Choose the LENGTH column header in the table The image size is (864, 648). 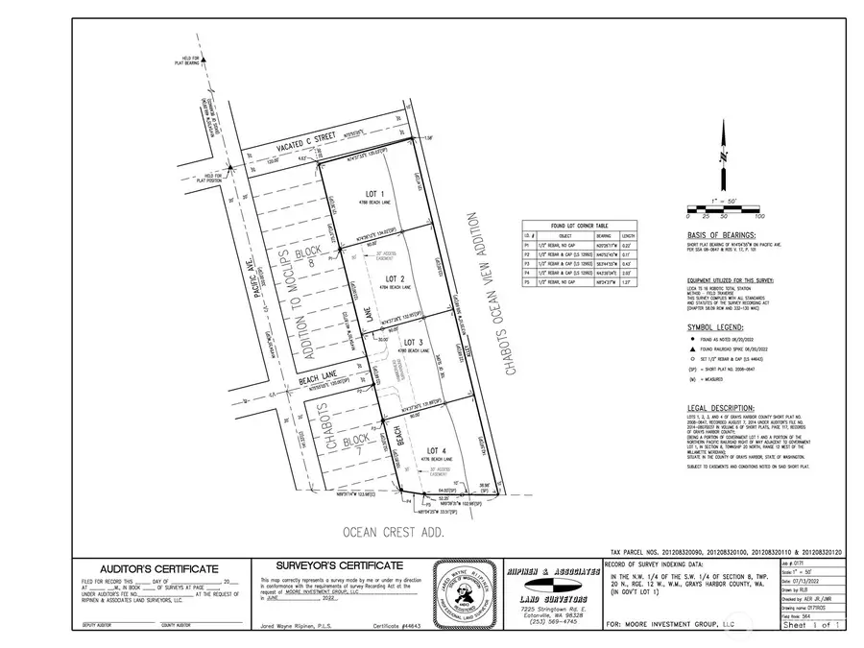(627, 234)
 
